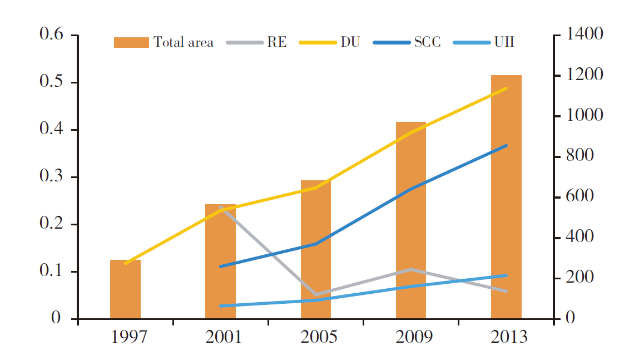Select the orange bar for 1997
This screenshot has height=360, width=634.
[x=125, y=289]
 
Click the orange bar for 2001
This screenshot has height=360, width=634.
[x=220, y=262]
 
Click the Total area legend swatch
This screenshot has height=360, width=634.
[x=131, y=42]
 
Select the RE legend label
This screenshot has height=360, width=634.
[x=277, y=42]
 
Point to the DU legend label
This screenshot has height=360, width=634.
[x=350, y=42]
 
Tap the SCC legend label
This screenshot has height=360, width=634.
[x=427, y=42]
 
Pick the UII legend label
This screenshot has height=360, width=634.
[x=504, y=42]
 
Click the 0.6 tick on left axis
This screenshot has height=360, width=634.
[x=51, y=34]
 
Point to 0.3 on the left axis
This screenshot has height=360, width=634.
[x=51, y=176]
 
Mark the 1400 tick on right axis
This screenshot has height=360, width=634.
[x=584, y=34]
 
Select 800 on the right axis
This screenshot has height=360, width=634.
[x=579, y=156]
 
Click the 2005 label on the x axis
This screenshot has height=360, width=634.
[x=319, y=337]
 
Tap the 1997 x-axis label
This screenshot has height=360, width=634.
[x=128, y=337]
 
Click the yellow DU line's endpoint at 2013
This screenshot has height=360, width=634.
[x=507, y=88]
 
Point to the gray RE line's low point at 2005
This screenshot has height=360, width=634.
[x=316, y=294]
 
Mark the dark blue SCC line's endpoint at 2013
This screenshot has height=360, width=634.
[x=507, y=145]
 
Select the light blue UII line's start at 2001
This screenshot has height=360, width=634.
[x=221, y=306]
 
